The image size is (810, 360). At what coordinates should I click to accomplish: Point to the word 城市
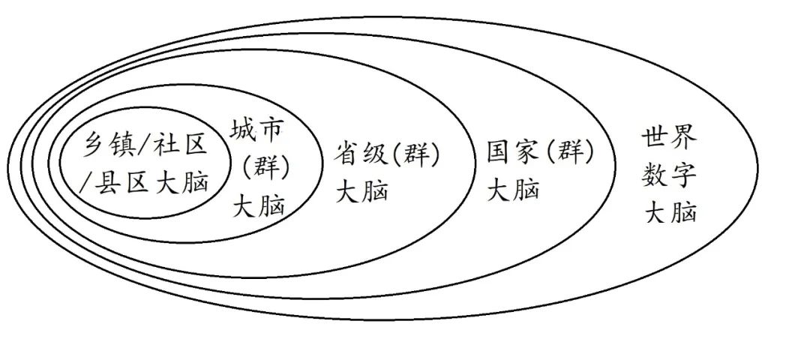coord(256,131)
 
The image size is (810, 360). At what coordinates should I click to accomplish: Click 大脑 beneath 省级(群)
coord(362,191)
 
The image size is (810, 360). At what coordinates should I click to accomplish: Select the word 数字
coord(670,176)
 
